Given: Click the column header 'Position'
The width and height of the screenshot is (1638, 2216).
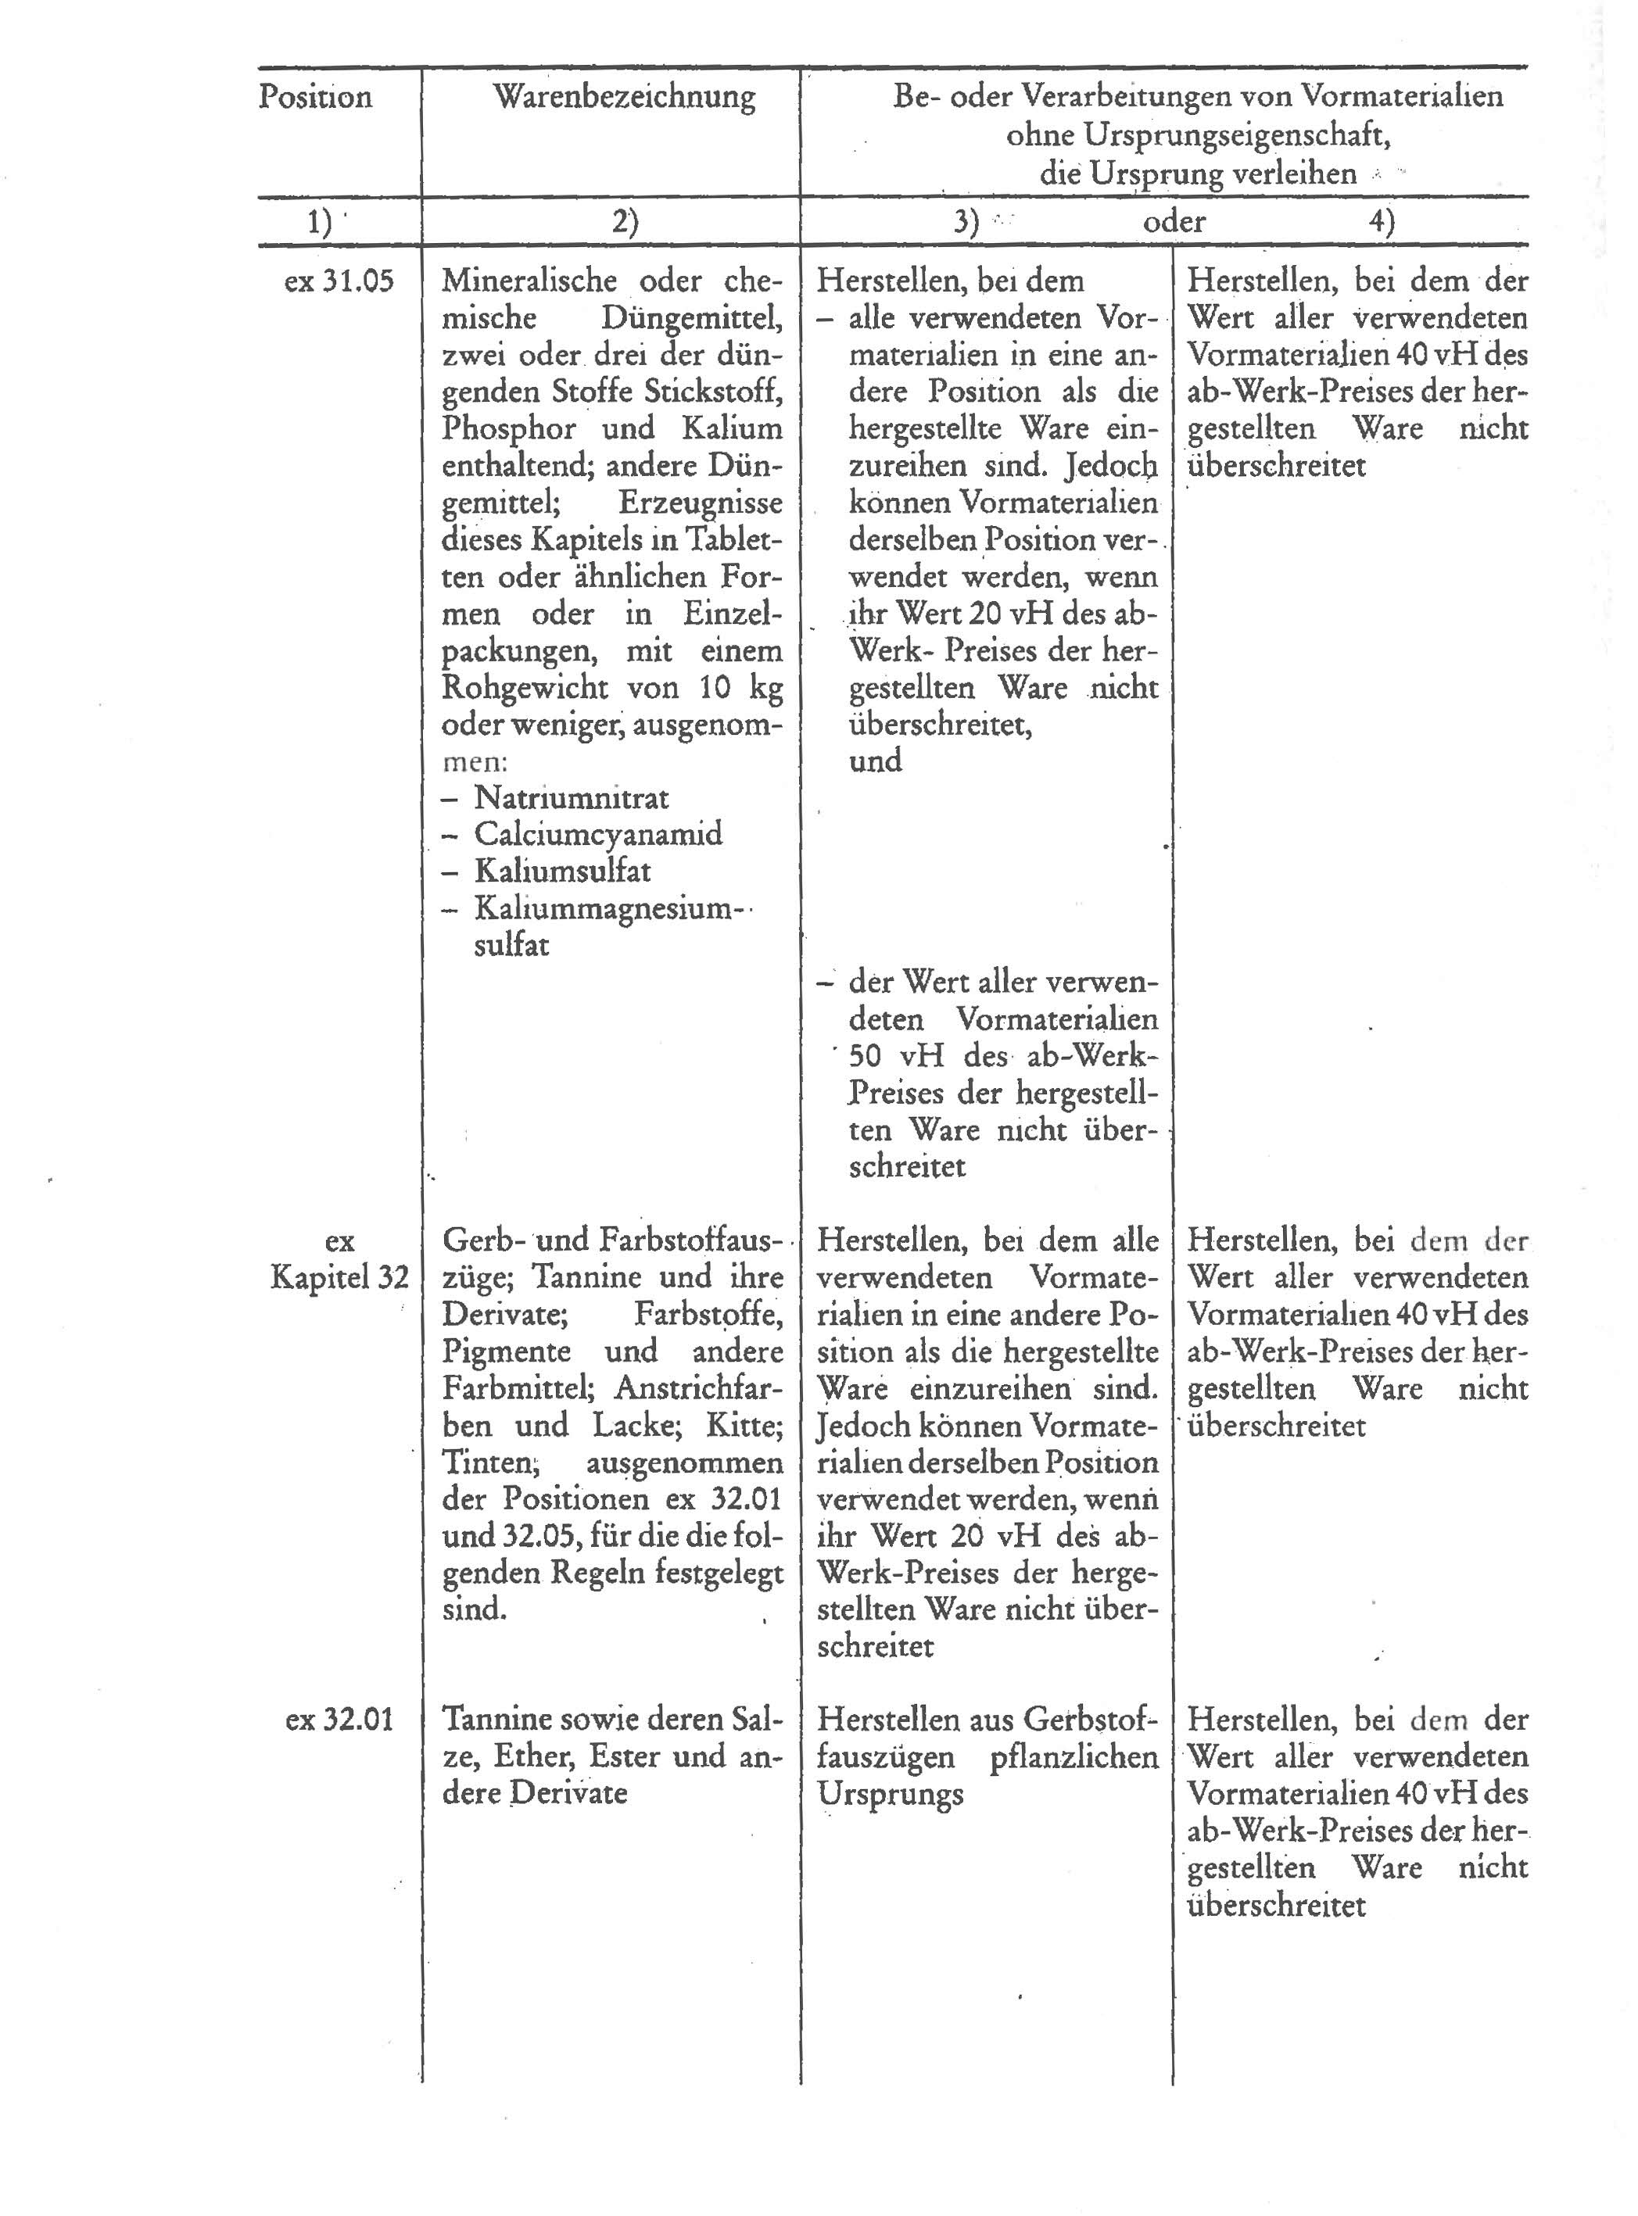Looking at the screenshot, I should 315,97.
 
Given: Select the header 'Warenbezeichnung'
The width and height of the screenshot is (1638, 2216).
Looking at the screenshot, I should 624,97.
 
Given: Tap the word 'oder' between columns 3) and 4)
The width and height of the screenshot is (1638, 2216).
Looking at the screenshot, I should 1174,221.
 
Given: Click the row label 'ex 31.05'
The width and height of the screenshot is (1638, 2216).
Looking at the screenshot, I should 339,281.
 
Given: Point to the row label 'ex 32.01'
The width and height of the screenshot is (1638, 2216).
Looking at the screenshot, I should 339,1720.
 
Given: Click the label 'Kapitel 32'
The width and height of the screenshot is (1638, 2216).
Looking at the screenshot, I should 339,1277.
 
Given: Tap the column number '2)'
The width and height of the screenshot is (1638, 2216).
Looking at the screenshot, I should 625,222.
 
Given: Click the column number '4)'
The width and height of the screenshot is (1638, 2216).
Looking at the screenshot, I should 1382,222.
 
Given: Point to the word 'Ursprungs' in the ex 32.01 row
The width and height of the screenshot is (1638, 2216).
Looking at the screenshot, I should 890,1794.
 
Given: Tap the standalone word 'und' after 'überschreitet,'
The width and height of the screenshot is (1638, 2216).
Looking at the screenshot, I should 875,761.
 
